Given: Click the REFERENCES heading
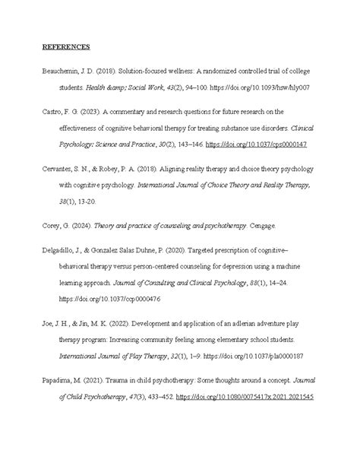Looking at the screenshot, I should pyautogui.click(x=65, y=47).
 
